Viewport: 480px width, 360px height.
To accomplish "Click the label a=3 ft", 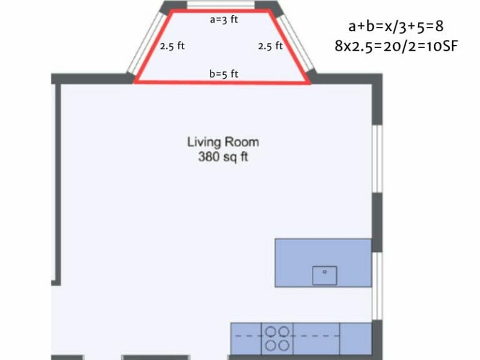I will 224,19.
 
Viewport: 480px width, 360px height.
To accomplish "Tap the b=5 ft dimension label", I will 224,74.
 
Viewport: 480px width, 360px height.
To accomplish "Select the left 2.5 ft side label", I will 172,46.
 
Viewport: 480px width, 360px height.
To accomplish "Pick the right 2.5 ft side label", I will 270,46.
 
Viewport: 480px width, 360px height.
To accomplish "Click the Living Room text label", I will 223,142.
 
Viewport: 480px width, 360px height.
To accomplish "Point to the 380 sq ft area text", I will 223,157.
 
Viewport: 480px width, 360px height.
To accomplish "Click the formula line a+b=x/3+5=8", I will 396,26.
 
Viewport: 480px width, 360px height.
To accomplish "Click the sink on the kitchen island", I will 324,275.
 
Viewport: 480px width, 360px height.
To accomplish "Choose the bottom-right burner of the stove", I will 284,345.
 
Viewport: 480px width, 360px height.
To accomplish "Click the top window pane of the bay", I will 221,5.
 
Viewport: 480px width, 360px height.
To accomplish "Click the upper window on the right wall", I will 377,159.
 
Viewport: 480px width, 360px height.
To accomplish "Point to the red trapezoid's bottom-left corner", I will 136,82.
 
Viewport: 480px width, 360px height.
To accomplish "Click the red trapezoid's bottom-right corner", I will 309,82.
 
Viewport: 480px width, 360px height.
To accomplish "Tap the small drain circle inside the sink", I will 324,272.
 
